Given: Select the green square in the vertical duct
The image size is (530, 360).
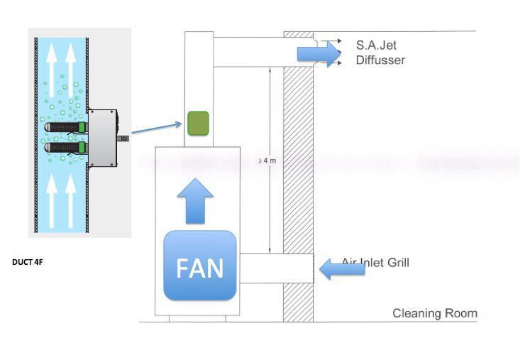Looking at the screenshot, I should [x=197, y=124].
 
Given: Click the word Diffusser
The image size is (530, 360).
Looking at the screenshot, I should [x=380, y=60].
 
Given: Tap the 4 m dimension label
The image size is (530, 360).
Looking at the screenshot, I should [x=268, y=161].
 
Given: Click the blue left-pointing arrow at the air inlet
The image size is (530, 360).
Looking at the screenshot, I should [x=342, y=268].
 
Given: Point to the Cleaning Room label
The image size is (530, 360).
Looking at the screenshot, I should [x=434, y=313].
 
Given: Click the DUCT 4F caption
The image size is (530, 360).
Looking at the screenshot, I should [x=28, y=262].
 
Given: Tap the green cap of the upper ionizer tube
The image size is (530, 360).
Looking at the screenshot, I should [x=82, y=128].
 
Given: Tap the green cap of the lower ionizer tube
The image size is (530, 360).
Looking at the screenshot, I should [x=82, y=148].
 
